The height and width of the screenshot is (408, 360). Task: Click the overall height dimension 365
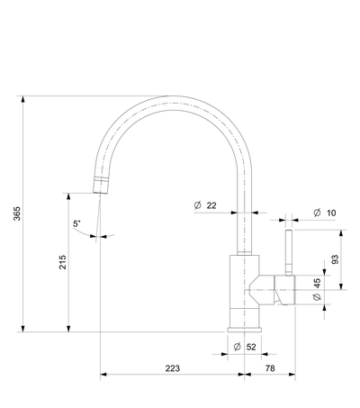(x=17, y=213)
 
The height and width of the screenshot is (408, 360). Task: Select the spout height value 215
(x=62, y=262)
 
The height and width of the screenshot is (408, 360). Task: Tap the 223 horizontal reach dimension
(x=173, y=368)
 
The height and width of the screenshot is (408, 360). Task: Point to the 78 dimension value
(x=270, y=368)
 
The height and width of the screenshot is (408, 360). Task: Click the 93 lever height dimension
(x=335, y=259)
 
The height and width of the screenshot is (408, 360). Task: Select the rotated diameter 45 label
(x=317, y=289)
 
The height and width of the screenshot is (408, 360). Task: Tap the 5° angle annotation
(x=76, y=223)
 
